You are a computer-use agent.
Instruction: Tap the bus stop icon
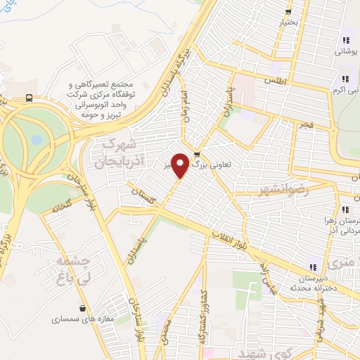29,98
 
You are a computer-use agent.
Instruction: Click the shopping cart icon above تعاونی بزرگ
196,155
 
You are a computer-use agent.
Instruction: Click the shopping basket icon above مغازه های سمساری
84,308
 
